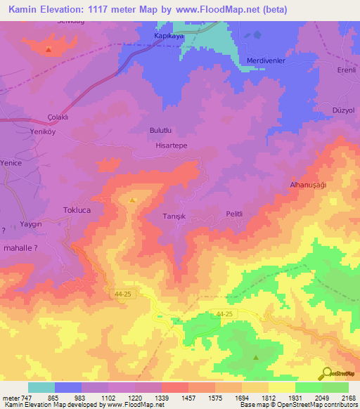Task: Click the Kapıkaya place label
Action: (x=169, y=35)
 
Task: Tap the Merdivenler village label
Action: (x=266, y=61)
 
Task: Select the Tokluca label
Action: (x=78, y=210)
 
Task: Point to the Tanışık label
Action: (x=174, y=217)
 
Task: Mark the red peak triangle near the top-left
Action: (x=48, y=50)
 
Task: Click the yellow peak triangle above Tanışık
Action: (x=132, y=201)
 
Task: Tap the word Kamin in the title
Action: (x=25, y=8)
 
